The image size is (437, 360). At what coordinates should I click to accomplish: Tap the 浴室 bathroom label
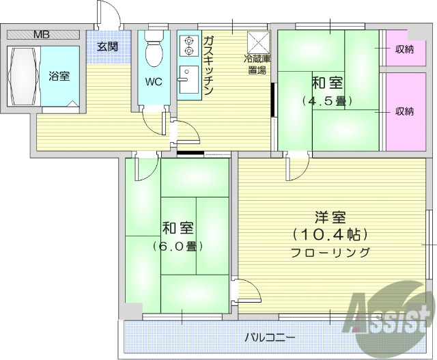click(59, 76)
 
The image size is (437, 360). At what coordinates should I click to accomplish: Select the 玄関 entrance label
click(107, 46)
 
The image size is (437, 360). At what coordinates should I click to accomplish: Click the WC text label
click(154, 84)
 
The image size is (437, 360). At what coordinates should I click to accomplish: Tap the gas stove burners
click(187, 45)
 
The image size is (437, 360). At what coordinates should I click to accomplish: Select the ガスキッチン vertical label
click(208, 61)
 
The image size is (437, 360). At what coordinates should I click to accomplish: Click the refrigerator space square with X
click(258, 41)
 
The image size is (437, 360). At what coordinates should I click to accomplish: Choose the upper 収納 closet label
click(404, 49)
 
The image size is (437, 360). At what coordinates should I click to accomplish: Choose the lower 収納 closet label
click(404, 111)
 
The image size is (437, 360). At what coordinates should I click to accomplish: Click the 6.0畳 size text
click(177, 246)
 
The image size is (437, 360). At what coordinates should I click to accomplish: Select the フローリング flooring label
click(330, 252)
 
